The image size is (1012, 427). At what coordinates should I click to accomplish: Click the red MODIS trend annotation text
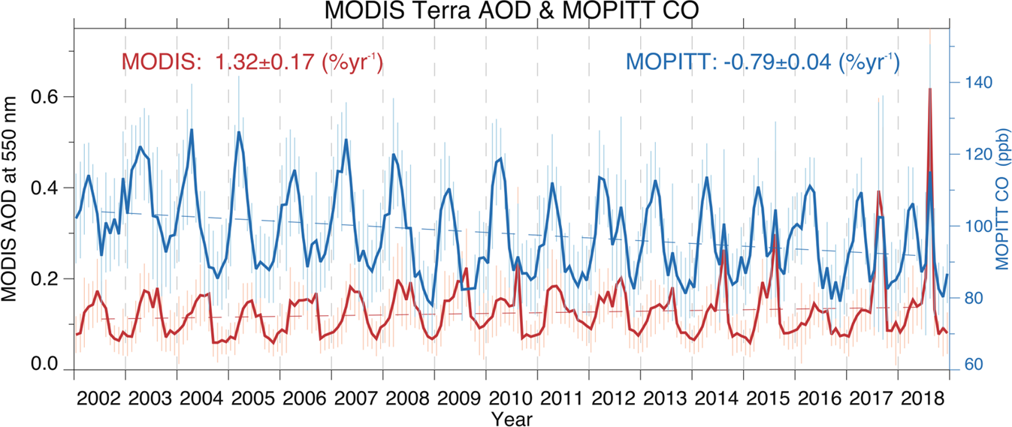[252, 62]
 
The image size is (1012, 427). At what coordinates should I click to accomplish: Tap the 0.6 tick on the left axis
[48, 97]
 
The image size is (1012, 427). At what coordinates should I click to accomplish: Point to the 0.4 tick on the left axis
[48, 188]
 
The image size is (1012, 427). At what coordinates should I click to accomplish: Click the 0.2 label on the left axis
[48, 278]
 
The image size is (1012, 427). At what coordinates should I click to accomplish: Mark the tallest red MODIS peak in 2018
[930, 89]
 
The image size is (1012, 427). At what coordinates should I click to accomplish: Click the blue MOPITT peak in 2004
[192, 130]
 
